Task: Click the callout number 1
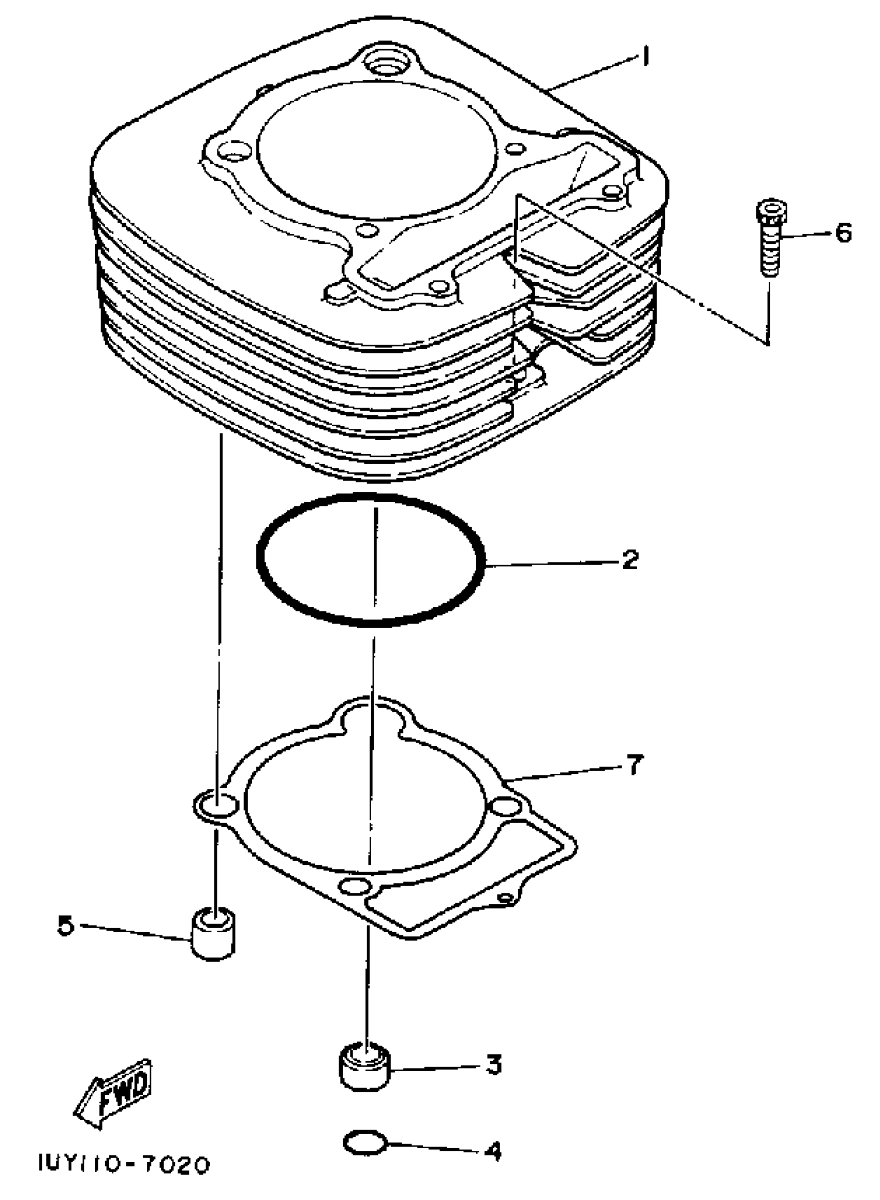(x=645, y=56)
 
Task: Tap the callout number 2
(x=629, y=559)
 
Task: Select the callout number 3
(x=493, y=1064)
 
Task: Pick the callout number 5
(x=65, y=926)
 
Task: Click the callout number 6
(x=843, y=233)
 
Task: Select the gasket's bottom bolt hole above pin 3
(x=355, y=887)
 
